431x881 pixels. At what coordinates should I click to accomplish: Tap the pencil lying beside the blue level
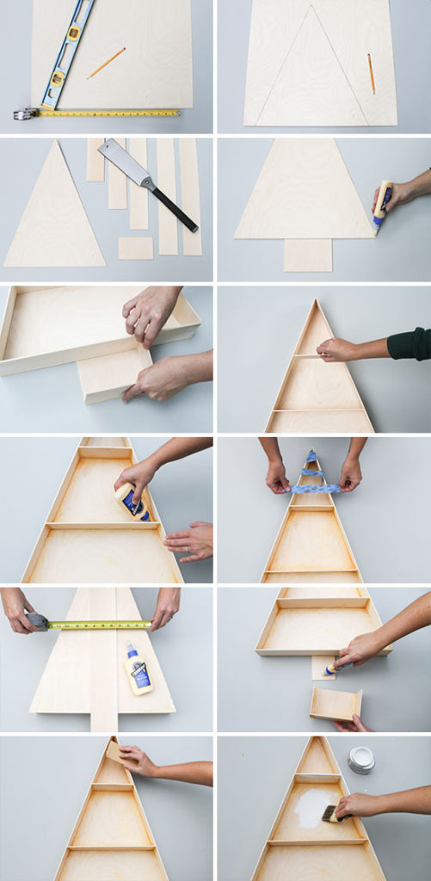pyautogui.click(x=106, y=63)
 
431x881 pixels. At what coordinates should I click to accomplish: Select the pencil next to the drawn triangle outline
pyautogui.click(x=372, y=73)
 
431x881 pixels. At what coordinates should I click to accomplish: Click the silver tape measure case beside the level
pyautogui.click(x=25, y=114)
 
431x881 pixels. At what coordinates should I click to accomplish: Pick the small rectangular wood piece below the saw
pyautogui.click(x=135, y=248)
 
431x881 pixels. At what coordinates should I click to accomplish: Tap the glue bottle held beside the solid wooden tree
pyautogui.click(x=382, y=206)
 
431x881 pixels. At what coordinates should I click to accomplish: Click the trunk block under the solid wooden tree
pyautogui.click(x=307, y=255)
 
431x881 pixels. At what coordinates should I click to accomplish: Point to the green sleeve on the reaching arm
pyautogui.click(x=409, y=344)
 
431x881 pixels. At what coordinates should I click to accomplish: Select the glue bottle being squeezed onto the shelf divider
pyautogui.click(x=132, y=502)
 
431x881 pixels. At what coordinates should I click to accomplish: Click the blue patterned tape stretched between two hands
pyautogui.click(x=314, y=488)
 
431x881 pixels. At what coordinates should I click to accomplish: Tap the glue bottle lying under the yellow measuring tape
pyautogui.click(x=139, y=668)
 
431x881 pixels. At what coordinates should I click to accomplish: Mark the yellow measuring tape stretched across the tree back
pyautogui.click(x=99, y=625)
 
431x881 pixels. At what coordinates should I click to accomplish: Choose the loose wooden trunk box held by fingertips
pyautogui.click(x=336, y=704)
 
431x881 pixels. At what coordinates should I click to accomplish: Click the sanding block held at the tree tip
pyautogui.click(x=114, y=751)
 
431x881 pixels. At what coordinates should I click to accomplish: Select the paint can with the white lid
pyautogui.click(x=361, y=759)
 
